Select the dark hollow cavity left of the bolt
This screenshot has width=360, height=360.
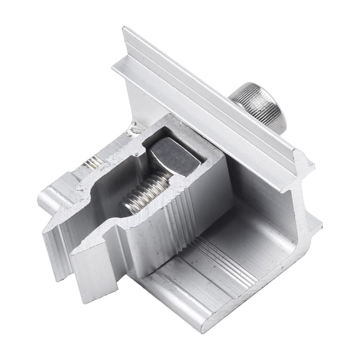[109, 194]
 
